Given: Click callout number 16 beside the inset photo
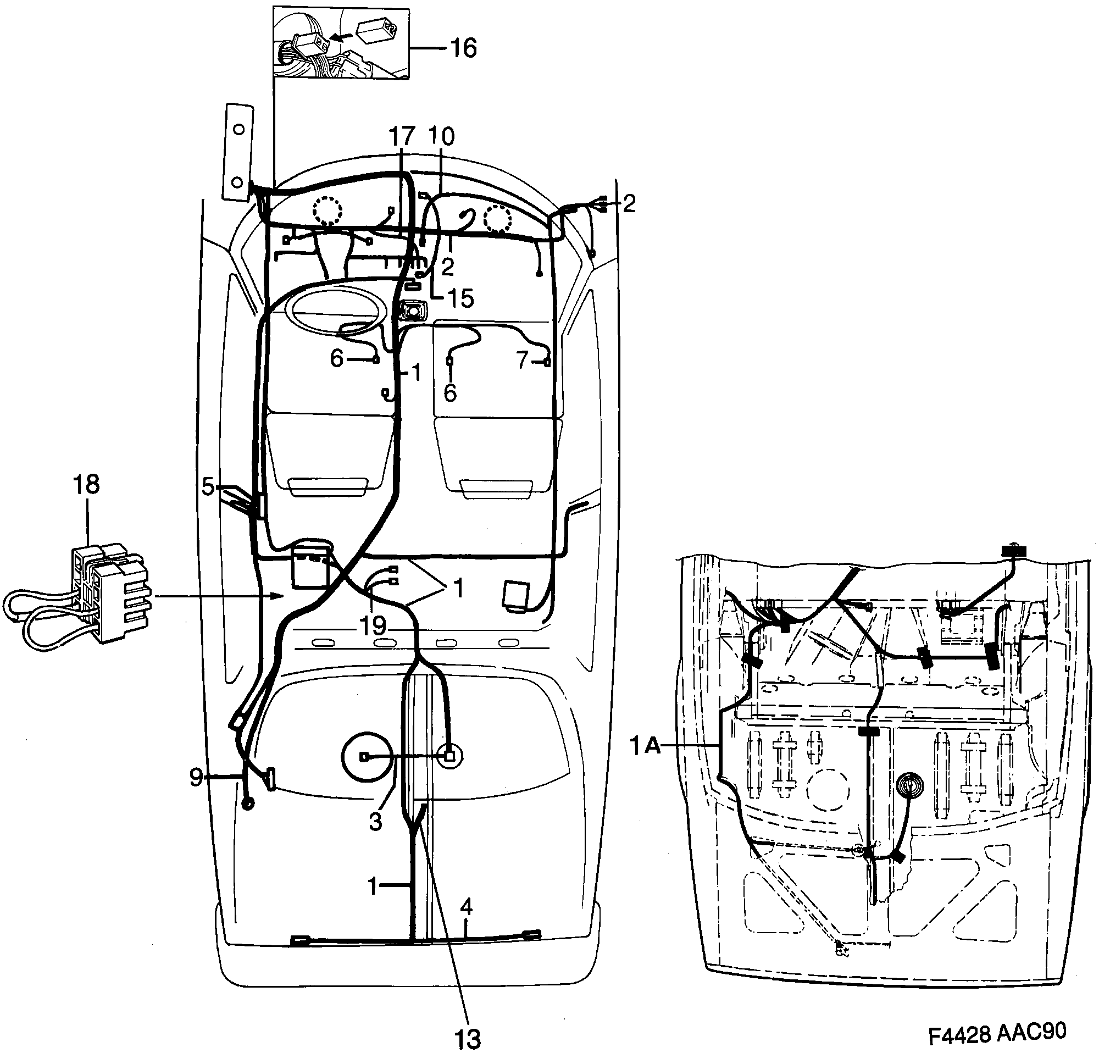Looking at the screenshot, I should (463, 48).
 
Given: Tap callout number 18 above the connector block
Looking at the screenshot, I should (86, 484).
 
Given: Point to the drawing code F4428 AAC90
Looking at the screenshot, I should (997, 1032).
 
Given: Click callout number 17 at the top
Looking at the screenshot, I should (402, 136).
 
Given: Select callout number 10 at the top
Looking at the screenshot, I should (441, 136).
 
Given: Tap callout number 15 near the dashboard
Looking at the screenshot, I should (460, 299).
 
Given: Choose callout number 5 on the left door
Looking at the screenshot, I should (208, 487).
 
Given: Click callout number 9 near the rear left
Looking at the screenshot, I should (196, 777).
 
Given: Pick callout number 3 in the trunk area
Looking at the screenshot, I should (375, 822).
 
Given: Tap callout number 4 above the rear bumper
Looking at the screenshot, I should (467, 906).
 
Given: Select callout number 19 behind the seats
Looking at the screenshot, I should (373, 627).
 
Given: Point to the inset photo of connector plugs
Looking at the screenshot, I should (340, 43).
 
